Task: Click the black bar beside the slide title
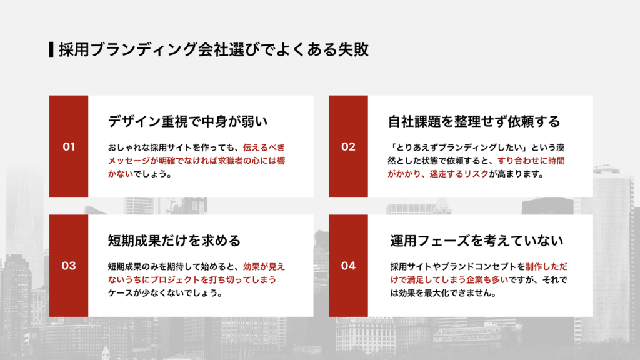(51, 49)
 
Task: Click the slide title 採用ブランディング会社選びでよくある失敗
(213, 50)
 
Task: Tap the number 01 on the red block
(69, 147)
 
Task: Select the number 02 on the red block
(348, 147)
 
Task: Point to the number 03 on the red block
(69, 266)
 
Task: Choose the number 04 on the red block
(348, 266)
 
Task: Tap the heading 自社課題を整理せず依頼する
(474, 121)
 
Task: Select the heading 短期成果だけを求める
(174, 240)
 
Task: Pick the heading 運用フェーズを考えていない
(477, 240)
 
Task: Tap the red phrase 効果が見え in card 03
(264, 266)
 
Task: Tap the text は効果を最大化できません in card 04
(443, 292)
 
